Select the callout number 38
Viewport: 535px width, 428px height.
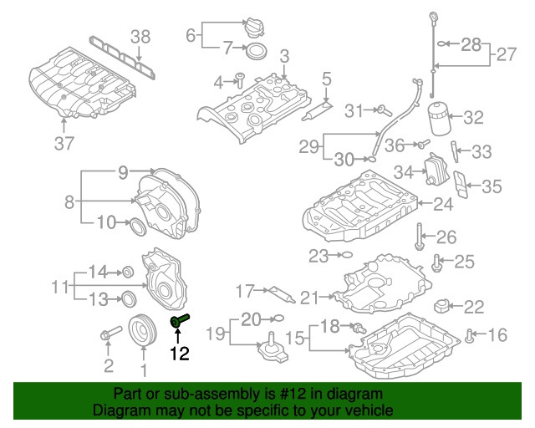tap(141, 35)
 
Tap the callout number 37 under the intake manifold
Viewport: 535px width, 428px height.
tap(64, 143)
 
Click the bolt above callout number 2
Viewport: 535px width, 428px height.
tap(106, 336)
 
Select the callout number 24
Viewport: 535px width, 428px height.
tap(442, 202)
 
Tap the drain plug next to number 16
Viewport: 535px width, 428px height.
tap(470, 336)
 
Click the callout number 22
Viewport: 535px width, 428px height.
tap(474, 307)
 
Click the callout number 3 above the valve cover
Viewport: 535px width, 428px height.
tap(284, 56)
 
